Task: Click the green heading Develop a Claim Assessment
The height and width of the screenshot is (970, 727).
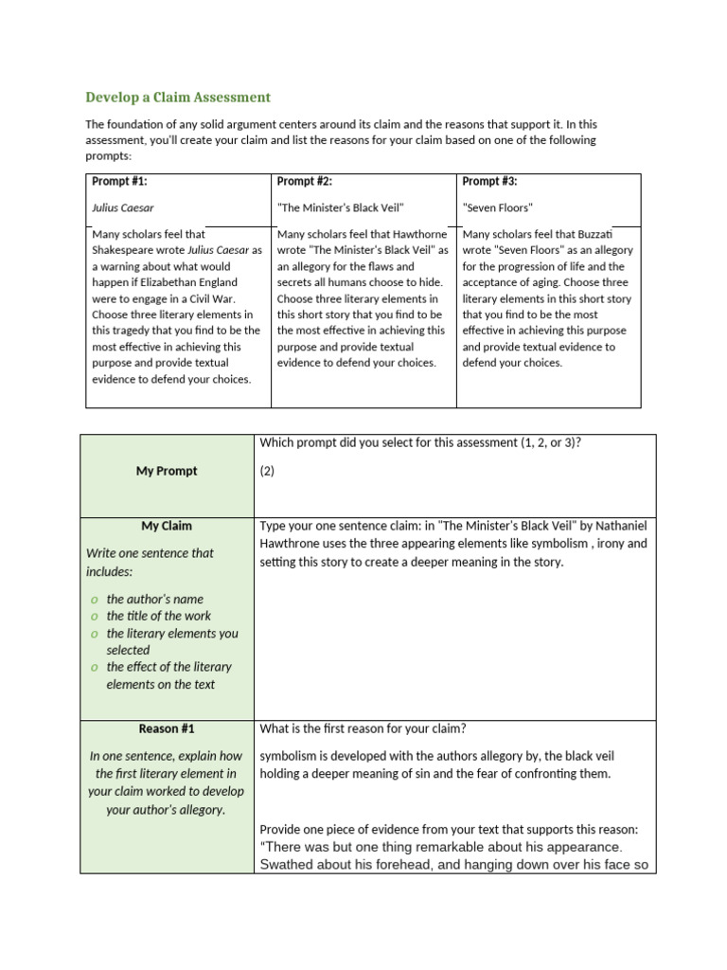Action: click(178, 97)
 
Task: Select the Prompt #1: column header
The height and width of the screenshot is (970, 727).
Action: click(119, 181)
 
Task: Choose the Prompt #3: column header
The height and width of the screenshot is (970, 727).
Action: click(489, 181)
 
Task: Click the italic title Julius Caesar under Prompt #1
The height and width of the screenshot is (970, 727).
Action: click(123, 207)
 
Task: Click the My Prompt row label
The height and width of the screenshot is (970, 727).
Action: click(167, 471)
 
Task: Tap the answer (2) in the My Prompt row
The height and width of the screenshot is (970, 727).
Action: click(267, 471)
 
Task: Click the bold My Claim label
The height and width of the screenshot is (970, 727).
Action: click(167, 526)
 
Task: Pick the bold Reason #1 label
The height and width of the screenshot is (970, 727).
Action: click(167, 728)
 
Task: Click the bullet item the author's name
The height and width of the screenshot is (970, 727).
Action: click(155, 599)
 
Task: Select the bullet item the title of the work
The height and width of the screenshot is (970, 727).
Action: click(159, 616)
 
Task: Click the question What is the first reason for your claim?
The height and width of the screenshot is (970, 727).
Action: click(363, 728)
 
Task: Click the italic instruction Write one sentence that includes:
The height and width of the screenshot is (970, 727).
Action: click(150, 562)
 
